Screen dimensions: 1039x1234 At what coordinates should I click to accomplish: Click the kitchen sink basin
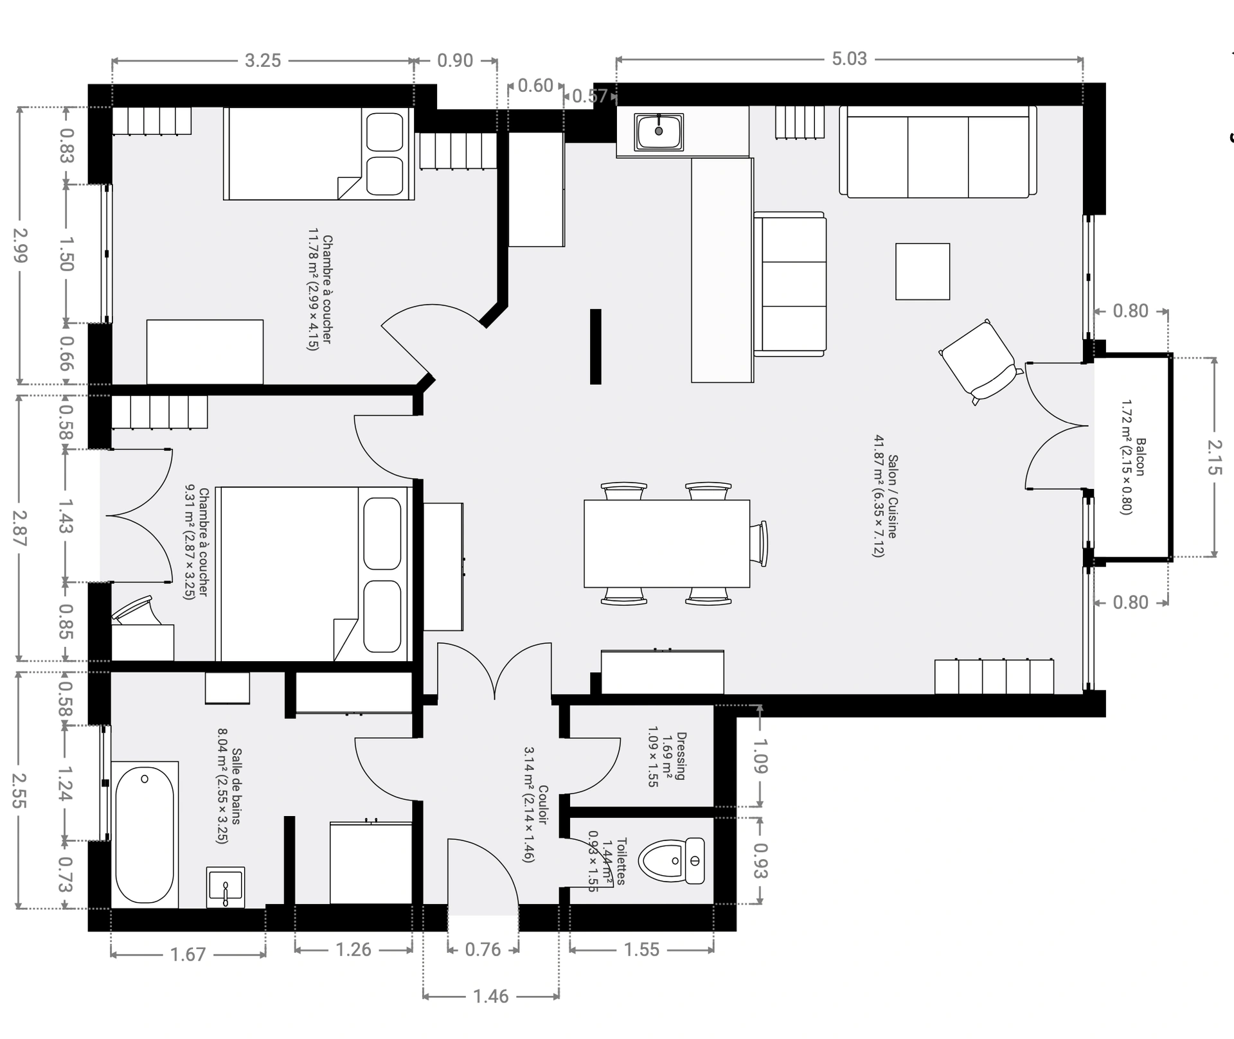(x=659, y=132)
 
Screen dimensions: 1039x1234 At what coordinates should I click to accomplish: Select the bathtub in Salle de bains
(x=145, y=834)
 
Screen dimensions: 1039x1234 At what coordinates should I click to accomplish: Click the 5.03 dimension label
(x=849, y=59)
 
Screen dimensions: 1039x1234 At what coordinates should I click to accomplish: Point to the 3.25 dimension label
(x=263, y=61)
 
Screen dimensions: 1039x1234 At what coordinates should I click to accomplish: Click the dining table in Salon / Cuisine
(x=666, y=543)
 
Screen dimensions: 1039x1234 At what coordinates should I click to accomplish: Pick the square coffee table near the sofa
(x=922, y=271)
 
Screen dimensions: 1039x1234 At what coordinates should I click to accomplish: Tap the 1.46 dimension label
(x=490, y=997)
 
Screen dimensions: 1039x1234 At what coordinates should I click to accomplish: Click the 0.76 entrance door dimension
(x=483, y=950)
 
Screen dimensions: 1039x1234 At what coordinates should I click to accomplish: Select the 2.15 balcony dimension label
(x=1214, y=456)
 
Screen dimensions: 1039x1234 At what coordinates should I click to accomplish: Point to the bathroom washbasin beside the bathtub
(x=226, y=887)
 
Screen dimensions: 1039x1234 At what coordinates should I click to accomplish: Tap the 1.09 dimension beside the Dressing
(x=760, y=756)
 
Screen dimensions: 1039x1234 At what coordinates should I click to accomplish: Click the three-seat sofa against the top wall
(x=938, y=152)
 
